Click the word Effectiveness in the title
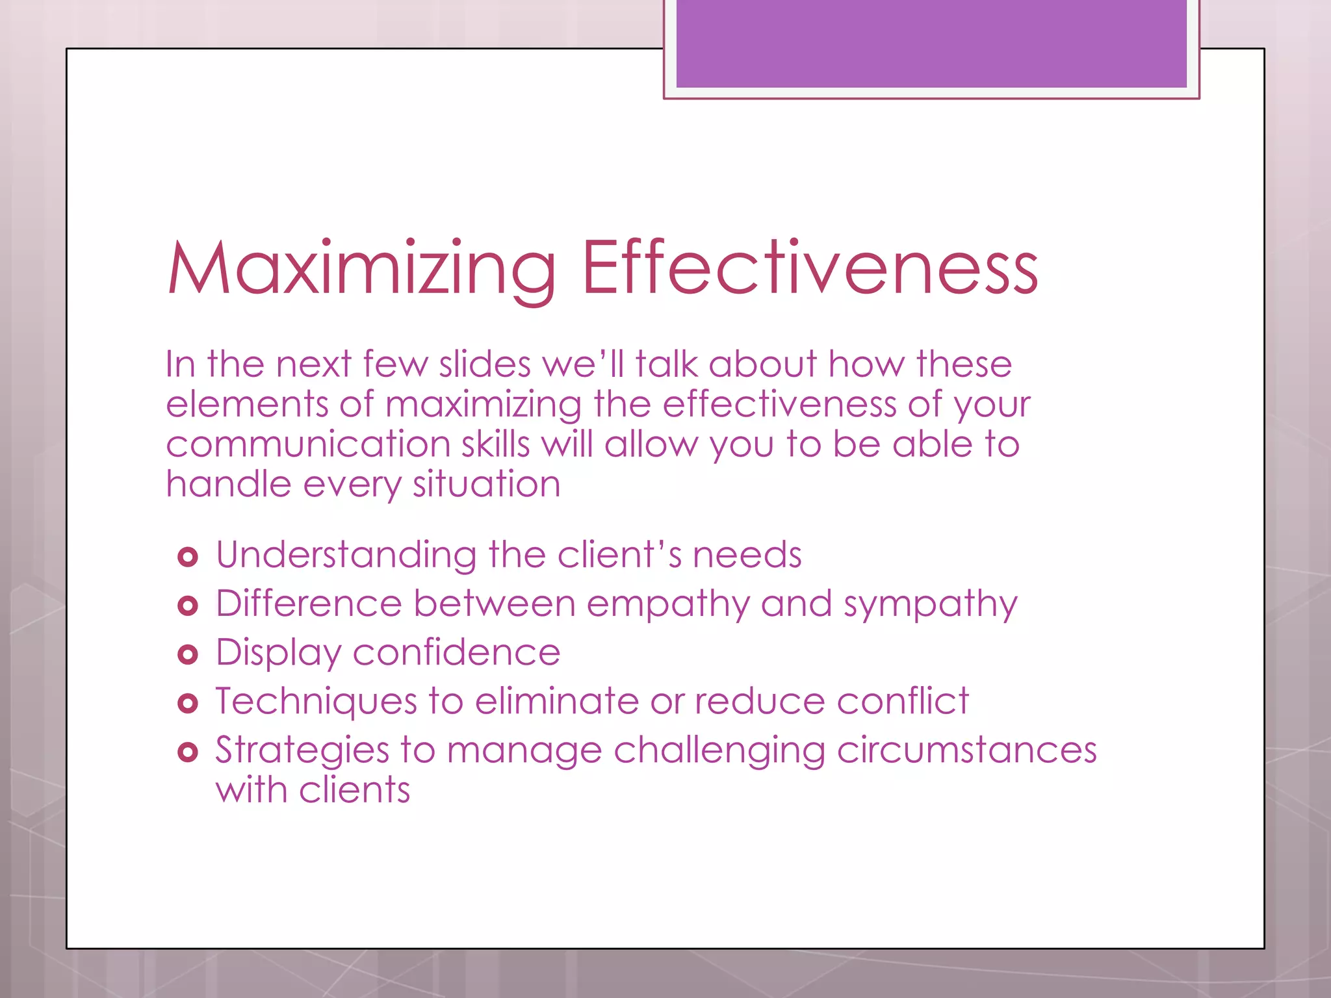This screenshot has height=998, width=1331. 810,268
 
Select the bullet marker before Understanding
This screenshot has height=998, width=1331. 188,557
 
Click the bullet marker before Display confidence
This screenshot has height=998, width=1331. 188,654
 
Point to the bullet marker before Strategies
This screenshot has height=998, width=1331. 188,752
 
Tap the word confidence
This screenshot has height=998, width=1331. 456,652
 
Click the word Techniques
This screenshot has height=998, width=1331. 317,702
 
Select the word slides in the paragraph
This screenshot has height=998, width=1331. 485,364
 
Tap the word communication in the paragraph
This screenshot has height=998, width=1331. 308,444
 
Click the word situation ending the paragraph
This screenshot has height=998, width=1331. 486,485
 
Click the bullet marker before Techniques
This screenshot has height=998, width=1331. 188,703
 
